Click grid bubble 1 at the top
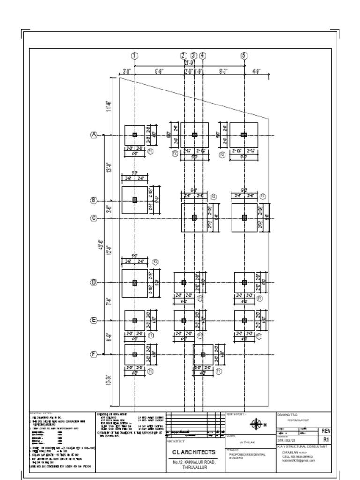[135, 56]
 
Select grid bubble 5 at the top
[244, 56]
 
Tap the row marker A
[94, 135]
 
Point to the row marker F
[94, 354]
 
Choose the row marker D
[94, 283]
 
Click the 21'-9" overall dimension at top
[189, 63]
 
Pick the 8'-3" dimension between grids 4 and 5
[224, 72]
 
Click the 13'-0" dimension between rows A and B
[108, 167]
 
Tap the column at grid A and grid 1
[135, 135]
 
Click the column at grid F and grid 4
[203, 355]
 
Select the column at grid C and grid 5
[244, 217]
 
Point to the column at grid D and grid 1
[135, 283]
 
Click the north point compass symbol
[256, 425]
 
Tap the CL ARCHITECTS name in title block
[194, 452]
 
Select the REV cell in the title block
[326, 431]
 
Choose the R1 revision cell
[326, 440]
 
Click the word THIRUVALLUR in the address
[194, 468]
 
